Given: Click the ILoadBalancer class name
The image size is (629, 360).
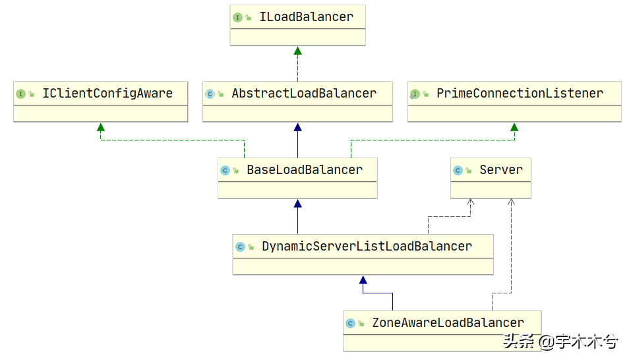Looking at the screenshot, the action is click(306, 17).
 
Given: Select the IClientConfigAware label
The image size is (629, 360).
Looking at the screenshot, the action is click(107, 94).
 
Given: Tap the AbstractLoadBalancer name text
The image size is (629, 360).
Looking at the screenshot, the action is click(304, 94).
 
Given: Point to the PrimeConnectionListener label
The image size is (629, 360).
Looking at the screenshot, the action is click(520, 94).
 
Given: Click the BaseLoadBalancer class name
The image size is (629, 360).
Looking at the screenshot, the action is click(305, 169).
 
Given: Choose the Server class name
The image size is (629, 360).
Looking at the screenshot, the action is click(501, 169).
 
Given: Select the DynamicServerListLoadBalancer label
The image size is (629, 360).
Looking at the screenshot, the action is click(367, 247).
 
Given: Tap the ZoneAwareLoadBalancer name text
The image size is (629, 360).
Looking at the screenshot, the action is click(448, 322).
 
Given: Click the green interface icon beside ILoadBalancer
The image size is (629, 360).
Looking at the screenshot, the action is click(237, 17).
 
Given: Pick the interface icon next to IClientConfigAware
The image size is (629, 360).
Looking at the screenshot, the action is click(20, 94).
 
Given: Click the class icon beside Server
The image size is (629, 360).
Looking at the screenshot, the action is click(458, 171).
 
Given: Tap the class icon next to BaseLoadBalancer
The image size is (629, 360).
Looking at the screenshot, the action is click(225, 171).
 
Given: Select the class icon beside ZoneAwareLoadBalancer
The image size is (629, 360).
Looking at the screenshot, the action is click(350, 323).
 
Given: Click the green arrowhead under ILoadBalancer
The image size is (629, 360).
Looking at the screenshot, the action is click(297, 51).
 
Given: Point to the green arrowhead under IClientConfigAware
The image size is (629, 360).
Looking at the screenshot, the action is click(101, 128).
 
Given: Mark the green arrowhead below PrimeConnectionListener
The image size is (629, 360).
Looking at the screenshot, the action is click(514, 128).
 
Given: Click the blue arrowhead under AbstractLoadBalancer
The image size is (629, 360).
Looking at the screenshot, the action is click(297, 128).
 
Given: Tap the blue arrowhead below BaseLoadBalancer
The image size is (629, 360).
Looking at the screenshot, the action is click(297, 204).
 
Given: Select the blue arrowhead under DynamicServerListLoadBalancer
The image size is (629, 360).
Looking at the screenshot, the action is click(363, 280).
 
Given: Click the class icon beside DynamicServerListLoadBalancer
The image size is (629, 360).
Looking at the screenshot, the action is click(240, 247).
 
